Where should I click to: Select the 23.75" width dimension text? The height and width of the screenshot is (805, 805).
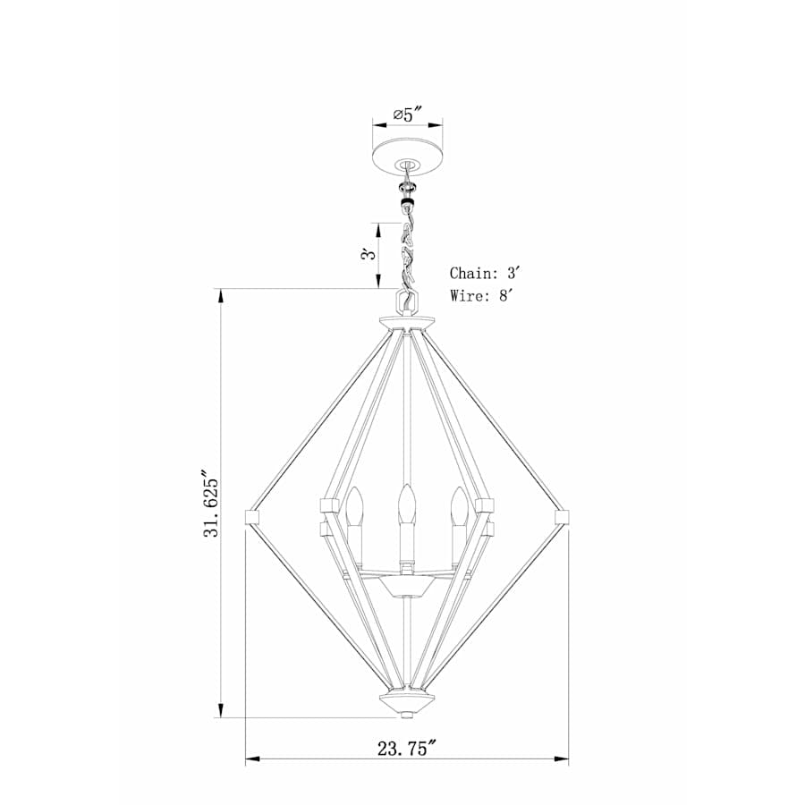tap(407, 748)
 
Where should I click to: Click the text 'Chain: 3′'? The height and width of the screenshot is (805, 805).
tap(484, 273)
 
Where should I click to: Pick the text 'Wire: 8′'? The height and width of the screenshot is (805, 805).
tap(482, 296)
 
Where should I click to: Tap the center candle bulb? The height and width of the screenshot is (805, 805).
tap(408, 504)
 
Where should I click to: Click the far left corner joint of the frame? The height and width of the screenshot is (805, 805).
tap(252, 516)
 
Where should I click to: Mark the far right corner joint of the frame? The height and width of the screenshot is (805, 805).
tap(563, 516)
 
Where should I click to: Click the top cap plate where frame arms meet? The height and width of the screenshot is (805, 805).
tap(408, 322)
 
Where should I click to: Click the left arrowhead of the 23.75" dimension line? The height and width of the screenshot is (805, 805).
tap(251, 760)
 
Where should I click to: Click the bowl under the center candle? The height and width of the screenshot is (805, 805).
tap(408, 588)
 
